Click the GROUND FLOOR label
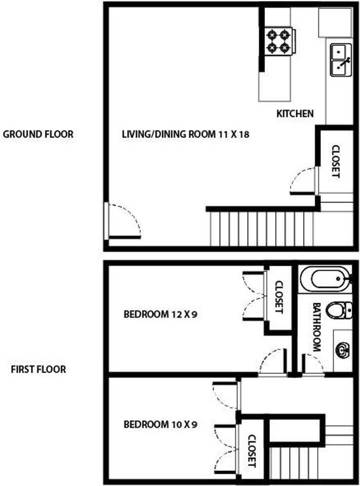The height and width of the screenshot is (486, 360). coord(38,134)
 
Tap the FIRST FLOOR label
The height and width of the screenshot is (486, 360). coord(38,370)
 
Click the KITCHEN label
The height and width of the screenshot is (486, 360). coord(295,113)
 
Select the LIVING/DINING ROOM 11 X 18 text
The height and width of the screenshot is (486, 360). coord(186,134)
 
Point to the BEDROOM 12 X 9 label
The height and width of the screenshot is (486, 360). coord(161,314)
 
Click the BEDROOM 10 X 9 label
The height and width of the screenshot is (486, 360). coord(161,424)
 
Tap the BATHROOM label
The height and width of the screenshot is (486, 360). coord(316,327)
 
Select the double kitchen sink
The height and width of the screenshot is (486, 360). coord(341,60)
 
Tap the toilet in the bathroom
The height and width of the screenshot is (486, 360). coord(339,310)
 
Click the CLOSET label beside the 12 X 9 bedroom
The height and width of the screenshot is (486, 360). coord(279,297)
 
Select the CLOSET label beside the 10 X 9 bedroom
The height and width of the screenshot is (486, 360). coord(252,451)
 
